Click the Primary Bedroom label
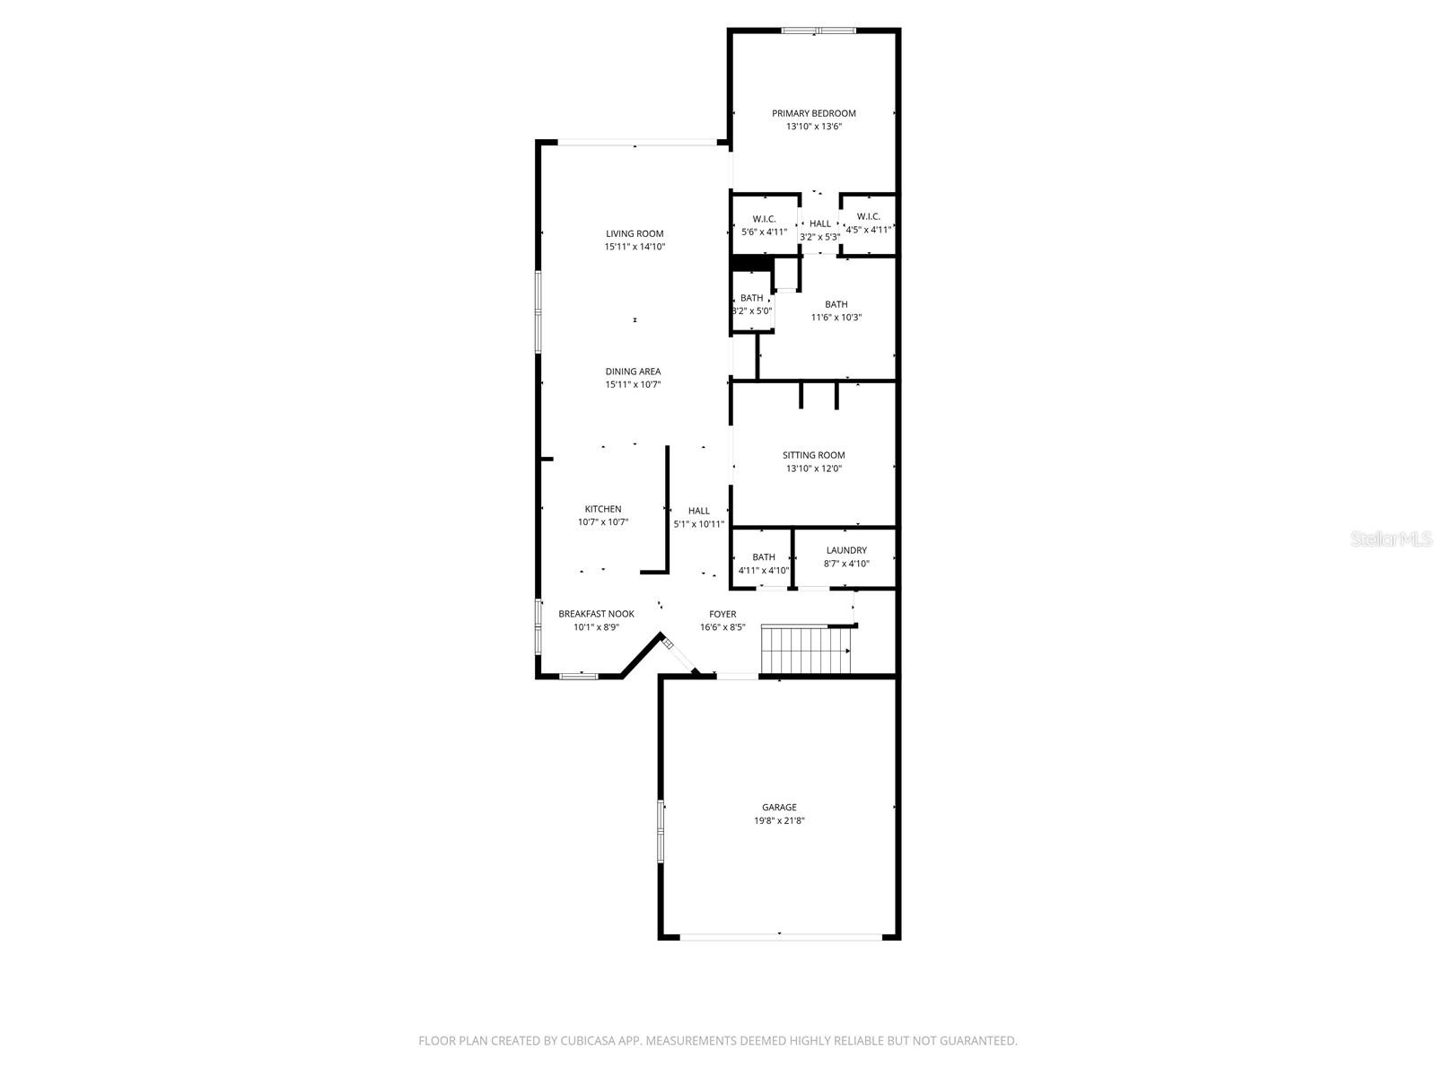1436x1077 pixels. [814, 113]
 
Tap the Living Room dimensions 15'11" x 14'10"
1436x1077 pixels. [635, 247]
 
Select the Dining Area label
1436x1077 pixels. [633, 372]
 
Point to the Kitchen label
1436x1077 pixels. [603, 509]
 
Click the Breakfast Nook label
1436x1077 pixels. [596, 614]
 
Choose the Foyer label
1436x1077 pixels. [722, 614]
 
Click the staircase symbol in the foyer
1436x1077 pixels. [806, 651]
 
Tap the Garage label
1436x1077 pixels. [779, 808]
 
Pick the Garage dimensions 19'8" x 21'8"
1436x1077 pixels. [779, 821]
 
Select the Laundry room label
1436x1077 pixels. [846, 550]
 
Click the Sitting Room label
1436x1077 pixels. [814, 455]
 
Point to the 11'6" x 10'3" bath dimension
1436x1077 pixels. [836, 317]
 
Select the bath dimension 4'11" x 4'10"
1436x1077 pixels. [764, 571]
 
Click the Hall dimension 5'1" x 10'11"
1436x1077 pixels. [699, 524]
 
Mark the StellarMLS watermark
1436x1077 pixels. [1390, 539]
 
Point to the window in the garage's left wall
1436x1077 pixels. [661, 830]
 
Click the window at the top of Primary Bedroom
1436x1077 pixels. [818, 31]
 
